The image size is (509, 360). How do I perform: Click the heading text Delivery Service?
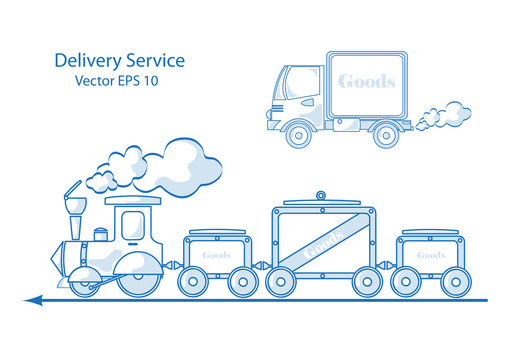[119, 60]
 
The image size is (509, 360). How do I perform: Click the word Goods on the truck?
[366, 81]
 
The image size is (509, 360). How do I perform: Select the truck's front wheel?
[298, 135]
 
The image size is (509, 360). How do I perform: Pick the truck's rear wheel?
[385, 135]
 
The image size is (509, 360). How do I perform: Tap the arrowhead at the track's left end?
[34, 299]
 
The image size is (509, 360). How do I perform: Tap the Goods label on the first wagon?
[216, 255]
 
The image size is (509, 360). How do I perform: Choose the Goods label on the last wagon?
[431, 255]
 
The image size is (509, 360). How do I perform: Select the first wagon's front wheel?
[193, 282]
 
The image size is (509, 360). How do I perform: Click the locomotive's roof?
[133, 201]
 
